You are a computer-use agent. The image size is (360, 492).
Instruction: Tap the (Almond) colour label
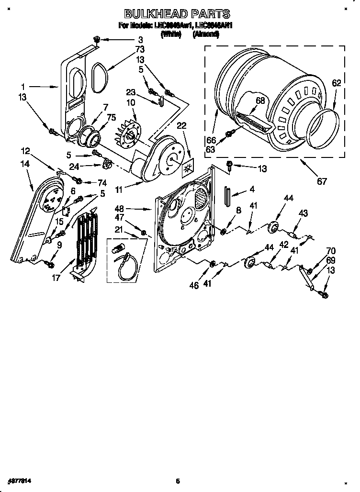(x=206, y=34)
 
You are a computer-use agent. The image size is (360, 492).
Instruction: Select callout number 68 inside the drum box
(x=260, y=101)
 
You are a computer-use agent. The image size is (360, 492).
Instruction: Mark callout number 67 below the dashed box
(x=322, y=181)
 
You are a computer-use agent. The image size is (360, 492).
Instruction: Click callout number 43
(x=303, y=213)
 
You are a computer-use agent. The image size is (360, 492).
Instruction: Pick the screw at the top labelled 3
(x=96, y=39)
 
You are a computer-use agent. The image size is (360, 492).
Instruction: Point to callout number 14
(x=25, y=164)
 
